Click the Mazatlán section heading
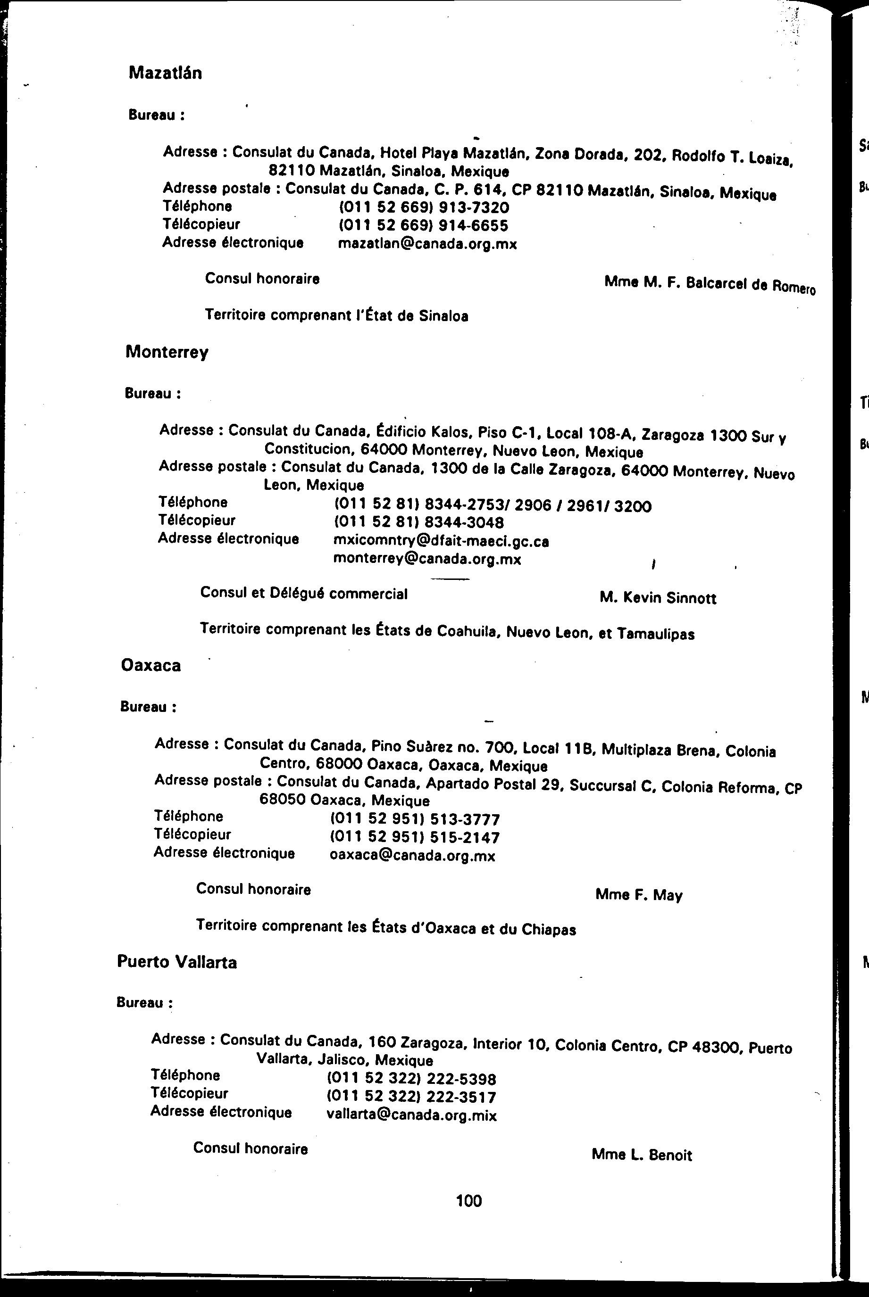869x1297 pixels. point(165,73)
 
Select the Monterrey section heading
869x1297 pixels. point(167,352)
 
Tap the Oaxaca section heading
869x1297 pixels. point(151,665)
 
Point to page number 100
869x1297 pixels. point(469,1201)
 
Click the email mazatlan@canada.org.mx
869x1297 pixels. point(427,244)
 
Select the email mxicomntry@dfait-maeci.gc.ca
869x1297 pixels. point(441,541)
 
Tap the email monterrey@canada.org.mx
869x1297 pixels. point(427,559)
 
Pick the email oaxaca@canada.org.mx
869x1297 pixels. point(412,856)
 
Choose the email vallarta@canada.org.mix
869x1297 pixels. point(412,1115)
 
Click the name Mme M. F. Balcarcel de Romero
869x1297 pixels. point(710,285)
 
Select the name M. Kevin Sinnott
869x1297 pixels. point(658,598)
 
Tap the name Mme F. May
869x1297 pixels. point(639,895)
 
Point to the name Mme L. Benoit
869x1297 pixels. point(642,1155)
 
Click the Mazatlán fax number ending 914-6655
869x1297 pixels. point(424,225)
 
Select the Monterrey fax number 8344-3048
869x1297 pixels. point(419,522)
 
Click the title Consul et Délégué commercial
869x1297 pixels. point(304,594)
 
